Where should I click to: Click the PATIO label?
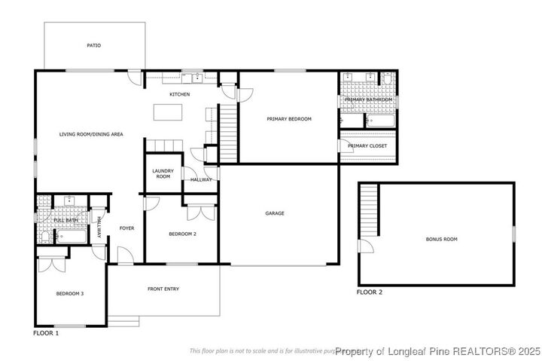[93, 45]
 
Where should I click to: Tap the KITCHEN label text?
[179, 94]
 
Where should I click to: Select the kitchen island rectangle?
[168, 112]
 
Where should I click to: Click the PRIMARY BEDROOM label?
[288, 119]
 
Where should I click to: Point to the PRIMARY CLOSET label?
[367, 145]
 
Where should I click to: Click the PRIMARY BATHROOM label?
[369, 99]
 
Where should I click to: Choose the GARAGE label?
[275, 213]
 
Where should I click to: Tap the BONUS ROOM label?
[441, 239]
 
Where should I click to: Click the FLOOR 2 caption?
[370, 292]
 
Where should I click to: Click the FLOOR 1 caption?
[46, 332]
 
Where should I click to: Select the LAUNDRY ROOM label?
[163, 173]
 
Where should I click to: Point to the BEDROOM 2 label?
[182, 234]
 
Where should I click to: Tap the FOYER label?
[126, 228]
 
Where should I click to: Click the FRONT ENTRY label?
[163, 289]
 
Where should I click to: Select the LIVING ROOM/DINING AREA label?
[91, 134]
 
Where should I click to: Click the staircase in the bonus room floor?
[367, 210]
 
